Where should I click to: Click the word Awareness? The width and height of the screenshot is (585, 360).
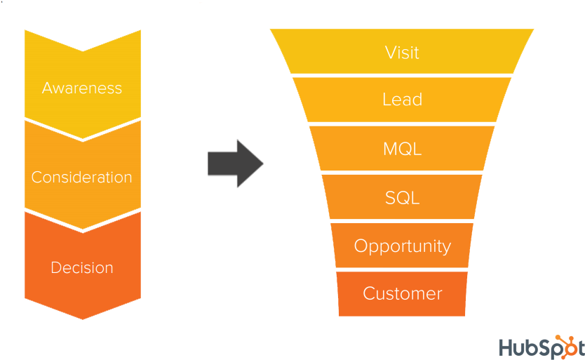coord(82,88)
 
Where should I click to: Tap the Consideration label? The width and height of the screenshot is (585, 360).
coord(82,178)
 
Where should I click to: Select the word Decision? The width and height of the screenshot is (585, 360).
coord(82,268)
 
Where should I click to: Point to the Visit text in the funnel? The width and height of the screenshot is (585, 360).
coord(402,53)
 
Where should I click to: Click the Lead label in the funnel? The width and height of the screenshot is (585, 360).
coord(402,100)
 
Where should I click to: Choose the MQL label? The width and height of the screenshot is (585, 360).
coord(402,149)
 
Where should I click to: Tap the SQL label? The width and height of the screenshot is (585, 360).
coord(402,198)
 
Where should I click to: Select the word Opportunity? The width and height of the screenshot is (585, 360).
coord(402,246)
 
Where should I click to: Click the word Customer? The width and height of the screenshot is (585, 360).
coord(402,293)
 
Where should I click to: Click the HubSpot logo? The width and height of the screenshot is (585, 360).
coord(541,347)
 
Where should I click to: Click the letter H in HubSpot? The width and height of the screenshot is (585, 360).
coord(507,347)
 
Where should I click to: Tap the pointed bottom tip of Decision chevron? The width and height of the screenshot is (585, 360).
coord(83,319)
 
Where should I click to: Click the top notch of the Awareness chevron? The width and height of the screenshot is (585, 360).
coord(83,51)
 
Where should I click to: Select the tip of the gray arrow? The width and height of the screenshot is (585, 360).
coord(263,164)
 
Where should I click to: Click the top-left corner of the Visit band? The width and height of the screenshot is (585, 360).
coord(271,30)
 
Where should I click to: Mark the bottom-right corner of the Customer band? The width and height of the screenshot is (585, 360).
coord(465,316)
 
